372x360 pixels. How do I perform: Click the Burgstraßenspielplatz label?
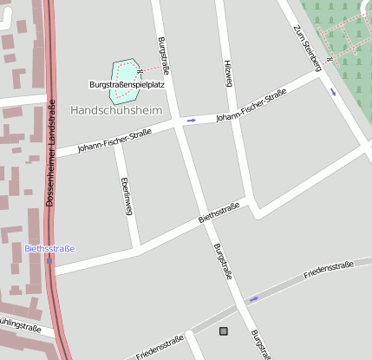tap(127, 85)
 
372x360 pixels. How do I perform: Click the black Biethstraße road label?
tap(219, 213)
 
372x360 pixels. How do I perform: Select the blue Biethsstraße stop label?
tap(49, 248)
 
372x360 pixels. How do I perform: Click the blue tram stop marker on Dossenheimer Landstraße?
tap(49, 259)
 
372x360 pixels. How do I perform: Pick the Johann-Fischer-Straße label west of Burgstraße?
tap(114, 141)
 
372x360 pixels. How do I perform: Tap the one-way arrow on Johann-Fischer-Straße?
tap(191, 121)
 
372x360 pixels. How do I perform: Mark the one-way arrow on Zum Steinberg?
tap(333, 91)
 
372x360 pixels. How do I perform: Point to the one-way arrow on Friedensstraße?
tap(253, 299)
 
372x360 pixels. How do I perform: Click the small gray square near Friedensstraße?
tap(225, 331)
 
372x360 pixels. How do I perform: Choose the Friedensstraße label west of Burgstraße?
tap(160, 347)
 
